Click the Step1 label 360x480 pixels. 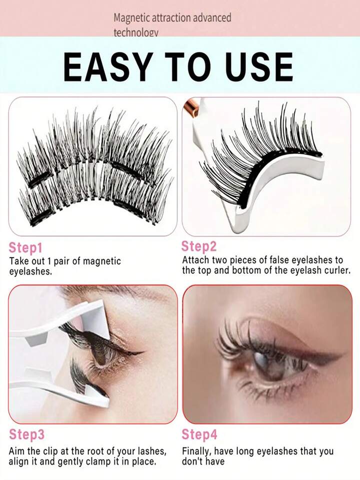(x=25, y=248)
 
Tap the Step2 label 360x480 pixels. (x=199, y=246)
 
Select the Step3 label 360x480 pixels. (x=26, y=434)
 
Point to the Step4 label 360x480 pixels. (x=199, y=434)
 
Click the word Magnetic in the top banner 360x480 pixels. (x=132, y=18)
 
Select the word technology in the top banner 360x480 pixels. (x=136, y=33)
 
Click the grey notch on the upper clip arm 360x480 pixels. (x=36, y=339)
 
